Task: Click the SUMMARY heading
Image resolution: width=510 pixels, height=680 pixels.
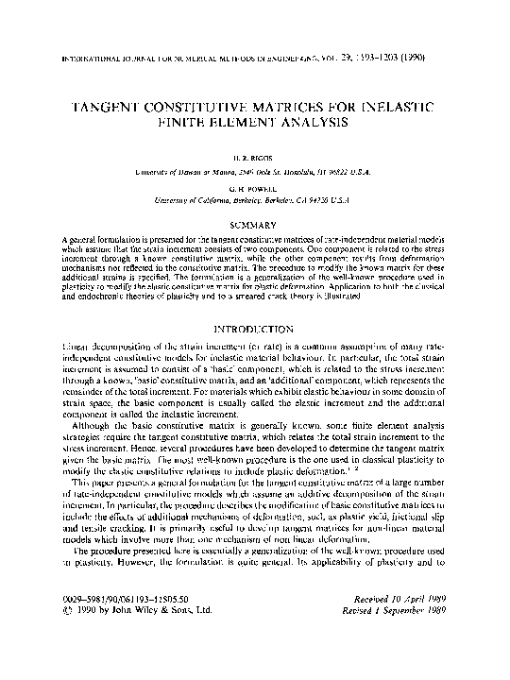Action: [x=255, y=225]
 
